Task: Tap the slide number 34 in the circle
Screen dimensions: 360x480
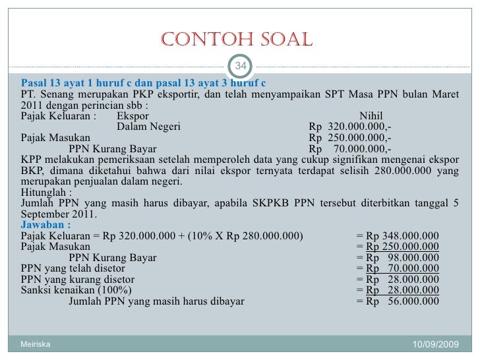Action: (241, 66)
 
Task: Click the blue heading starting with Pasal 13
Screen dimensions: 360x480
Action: (144, 83)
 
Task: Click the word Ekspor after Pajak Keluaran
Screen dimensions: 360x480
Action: (133, 117)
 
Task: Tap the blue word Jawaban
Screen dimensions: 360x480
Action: (46, 225)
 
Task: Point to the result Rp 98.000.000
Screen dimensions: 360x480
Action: (402, 258)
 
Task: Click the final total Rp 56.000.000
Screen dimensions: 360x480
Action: (402, 301)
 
